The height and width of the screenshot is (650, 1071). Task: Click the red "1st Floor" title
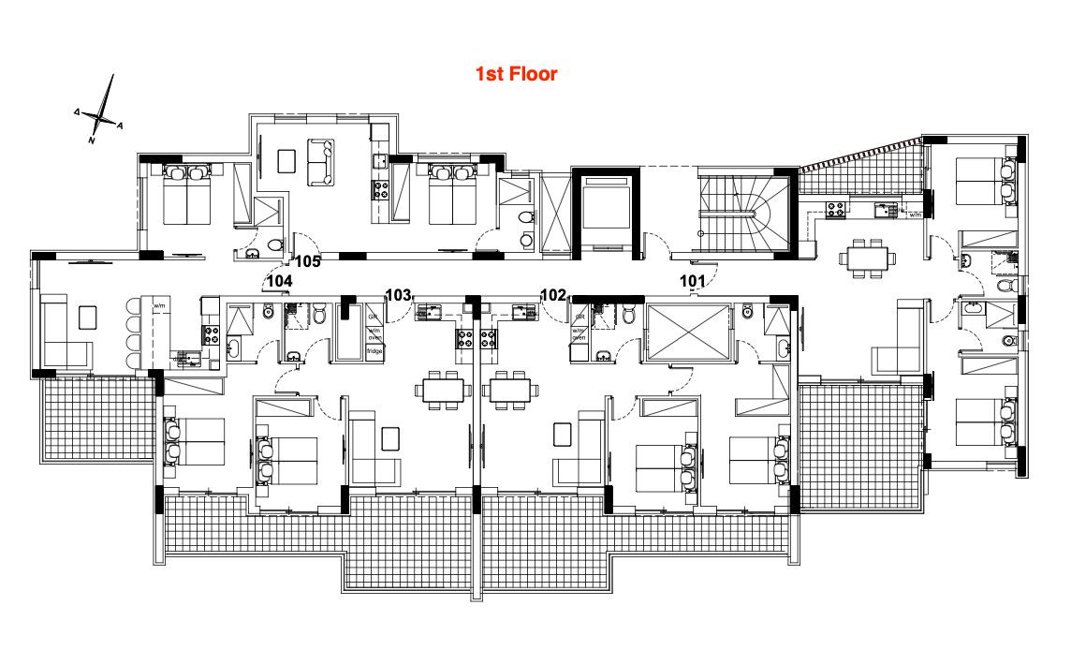pos(516,74)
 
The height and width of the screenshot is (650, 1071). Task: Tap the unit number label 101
pos(693,280)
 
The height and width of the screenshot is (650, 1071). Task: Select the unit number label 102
pos(553,295)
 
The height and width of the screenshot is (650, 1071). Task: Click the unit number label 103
pos(399,295)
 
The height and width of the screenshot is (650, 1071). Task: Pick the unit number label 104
pos(279,280)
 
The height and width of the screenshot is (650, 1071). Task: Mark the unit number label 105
pos(309,261)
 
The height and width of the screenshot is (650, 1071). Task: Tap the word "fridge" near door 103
pos(374,350)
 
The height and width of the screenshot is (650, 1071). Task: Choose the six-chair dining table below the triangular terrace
pos(863,256)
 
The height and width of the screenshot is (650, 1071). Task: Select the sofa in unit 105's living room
pos(321,160)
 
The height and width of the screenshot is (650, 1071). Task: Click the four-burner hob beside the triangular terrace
pos(836,211)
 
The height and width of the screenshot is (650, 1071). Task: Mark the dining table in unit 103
pos(443,390)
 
